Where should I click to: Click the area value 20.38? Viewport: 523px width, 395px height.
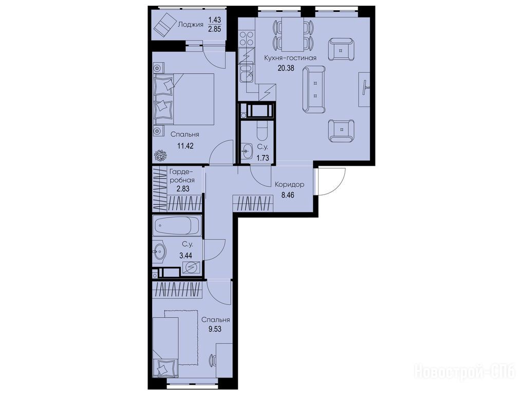(286, 68)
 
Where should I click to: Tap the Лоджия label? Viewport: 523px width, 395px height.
(191, 24)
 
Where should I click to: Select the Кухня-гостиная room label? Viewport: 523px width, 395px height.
(290, 58)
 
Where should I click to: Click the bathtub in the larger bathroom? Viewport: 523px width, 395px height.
(177, 225)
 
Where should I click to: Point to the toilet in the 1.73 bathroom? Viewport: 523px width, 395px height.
(262, 130)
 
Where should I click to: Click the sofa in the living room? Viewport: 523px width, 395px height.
(314, 89)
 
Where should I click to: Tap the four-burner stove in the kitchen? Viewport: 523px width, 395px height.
(246, 38)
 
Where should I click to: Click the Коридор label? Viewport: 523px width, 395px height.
(289, 184)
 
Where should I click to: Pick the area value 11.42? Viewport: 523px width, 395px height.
(185, 146)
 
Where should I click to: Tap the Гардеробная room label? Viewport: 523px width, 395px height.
(182, 175)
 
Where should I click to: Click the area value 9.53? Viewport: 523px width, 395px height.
(215, 329)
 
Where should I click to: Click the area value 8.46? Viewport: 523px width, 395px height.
(288, 195)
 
